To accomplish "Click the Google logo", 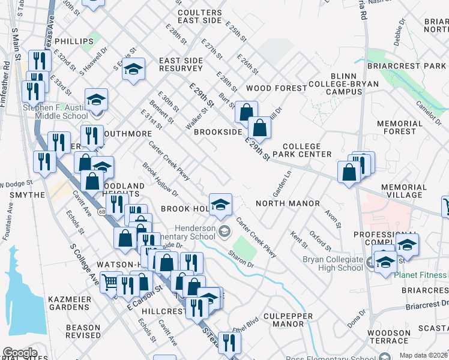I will [x=20, y=353].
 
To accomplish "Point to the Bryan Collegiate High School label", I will [x=332, y=263].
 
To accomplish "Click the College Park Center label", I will [x=306, y=150].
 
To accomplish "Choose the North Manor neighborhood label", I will [x=288, y=203].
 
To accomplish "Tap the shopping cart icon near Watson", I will [x=110, y=281].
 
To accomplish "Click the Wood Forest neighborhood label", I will [x=276, y=88].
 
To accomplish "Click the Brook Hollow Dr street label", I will [x=160, y=179].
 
